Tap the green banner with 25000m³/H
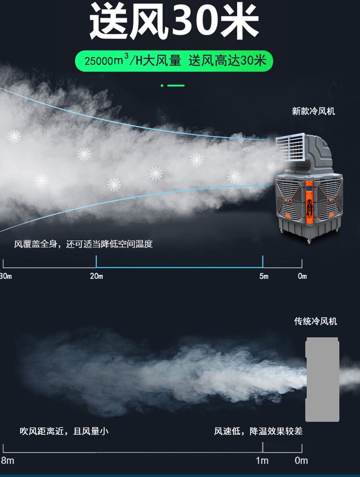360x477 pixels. [174, 61]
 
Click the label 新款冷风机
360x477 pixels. [313, 111]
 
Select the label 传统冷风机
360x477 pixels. [315, 321]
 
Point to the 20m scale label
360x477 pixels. [96, 276]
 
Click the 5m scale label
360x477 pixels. [264, 276]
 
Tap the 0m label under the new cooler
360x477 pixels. [302, 276]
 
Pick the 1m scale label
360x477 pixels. [262, 461]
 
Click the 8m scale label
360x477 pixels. [7, 461]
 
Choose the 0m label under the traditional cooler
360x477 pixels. [301, 461]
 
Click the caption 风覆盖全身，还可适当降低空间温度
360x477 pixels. [83, 244]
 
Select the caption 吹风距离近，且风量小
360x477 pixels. [64, 431]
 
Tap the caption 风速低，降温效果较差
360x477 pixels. [258, 431]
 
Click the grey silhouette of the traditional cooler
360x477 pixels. [323, 379]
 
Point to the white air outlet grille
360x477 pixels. [290, 146]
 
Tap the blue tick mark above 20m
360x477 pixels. [96, 262]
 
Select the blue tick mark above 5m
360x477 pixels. [263, 262]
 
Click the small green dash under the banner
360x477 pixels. [176, 85]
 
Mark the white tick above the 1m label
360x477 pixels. [263, 447]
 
